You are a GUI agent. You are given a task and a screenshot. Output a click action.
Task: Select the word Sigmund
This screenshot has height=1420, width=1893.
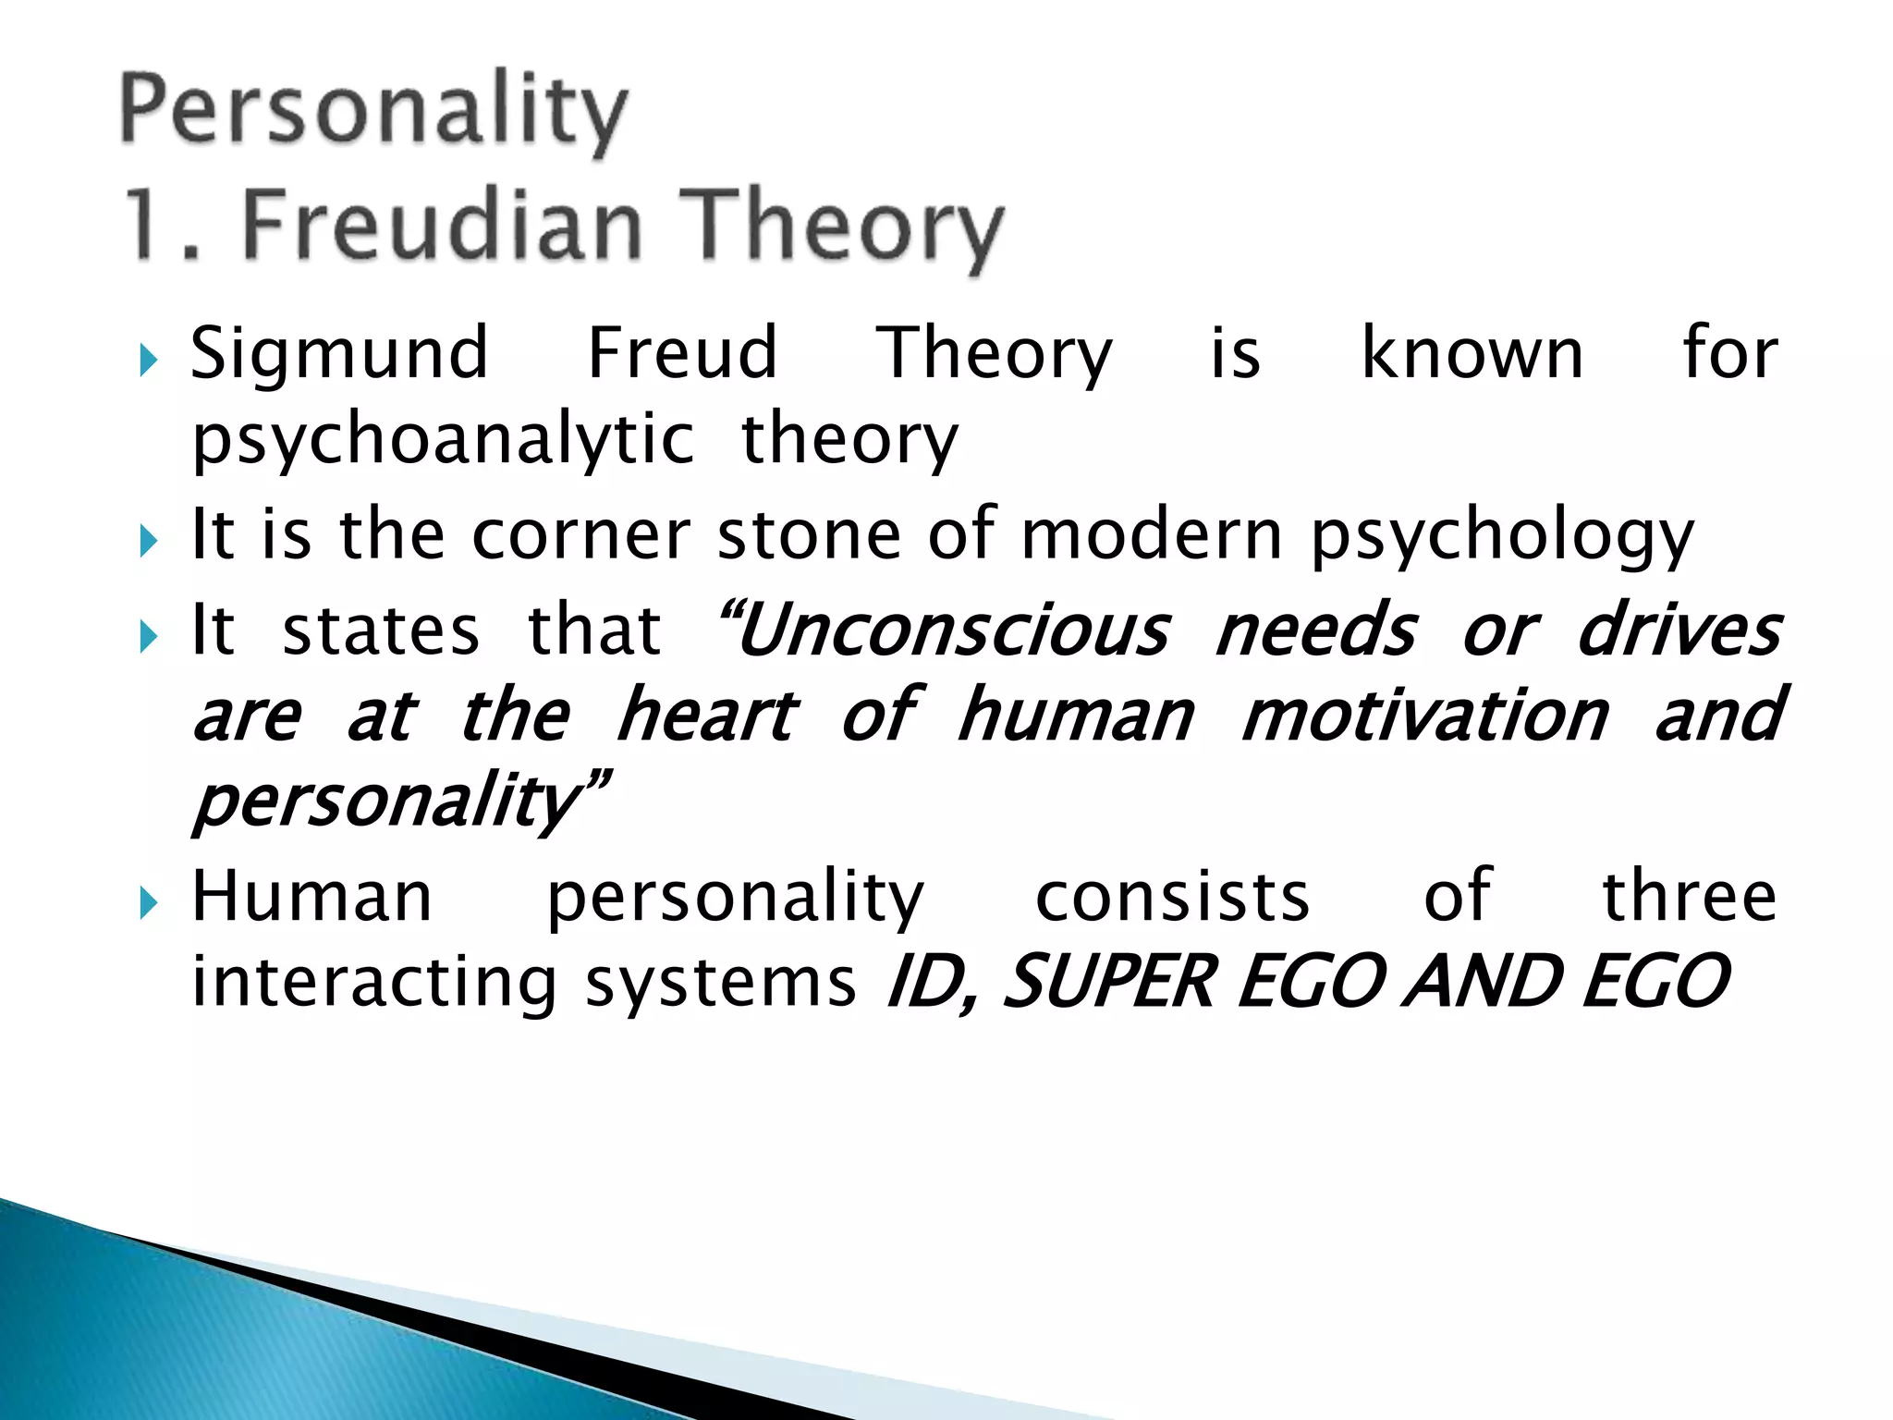tap(339, 355)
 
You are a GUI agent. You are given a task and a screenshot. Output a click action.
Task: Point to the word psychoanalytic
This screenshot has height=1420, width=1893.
tap(443, 440)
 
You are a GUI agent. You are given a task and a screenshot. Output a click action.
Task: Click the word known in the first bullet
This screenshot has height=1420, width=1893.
tap(1472, 353)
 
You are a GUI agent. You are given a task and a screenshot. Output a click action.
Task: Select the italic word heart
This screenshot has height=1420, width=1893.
tap(707, 716)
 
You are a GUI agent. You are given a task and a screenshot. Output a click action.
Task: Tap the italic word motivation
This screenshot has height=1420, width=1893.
tap(1424, 716)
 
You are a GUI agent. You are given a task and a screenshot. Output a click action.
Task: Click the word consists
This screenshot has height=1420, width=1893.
tap(1172, 897)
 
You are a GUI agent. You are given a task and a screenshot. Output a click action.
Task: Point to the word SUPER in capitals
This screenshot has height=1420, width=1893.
tap(1107, 982)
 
